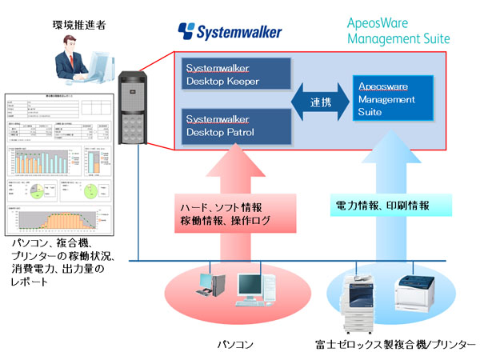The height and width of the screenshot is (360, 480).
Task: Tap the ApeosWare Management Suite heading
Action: click(x=399, y=31)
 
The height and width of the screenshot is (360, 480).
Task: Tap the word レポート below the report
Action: click(x=29, y=283)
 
